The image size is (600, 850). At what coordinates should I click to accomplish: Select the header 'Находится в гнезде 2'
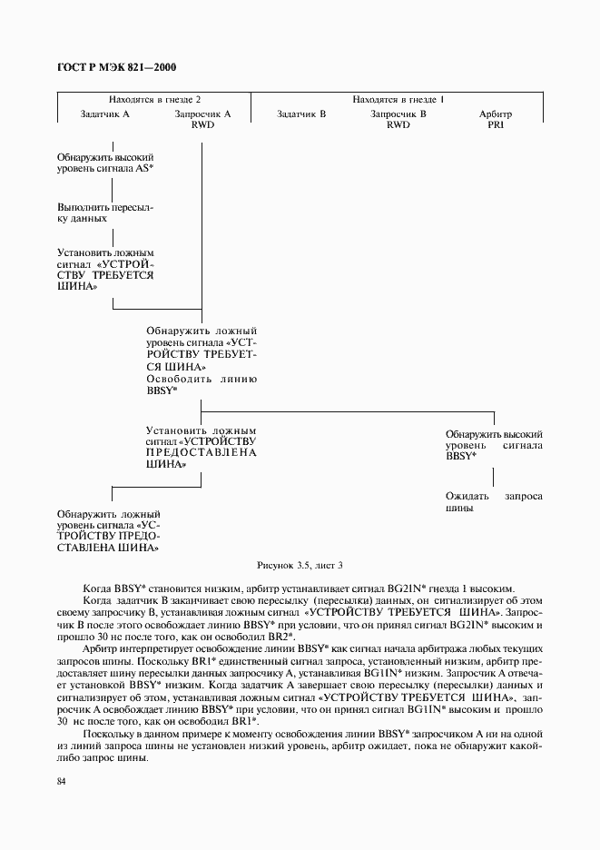pos(154,99)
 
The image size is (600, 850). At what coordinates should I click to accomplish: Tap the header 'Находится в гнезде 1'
pos(397,99)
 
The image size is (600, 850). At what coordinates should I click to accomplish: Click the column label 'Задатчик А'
pos(105,114)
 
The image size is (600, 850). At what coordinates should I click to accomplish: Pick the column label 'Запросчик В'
pos(398,114)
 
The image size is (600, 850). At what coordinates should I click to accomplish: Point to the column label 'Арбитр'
pos(496,114)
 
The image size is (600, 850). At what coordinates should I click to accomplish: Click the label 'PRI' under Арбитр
pos(496,125)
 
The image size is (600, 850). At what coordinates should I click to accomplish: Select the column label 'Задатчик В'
pos(301,114)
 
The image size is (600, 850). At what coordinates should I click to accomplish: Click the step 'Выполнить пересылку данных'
pos(104,212)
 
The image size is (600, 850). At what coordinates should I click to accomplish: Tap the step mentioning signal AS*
pos(104,163)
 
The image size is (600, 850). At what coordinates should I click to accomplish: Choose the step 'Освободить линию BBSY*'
pos(202,384)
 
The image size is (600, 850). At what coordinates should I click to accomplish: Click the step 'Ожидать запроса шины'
pos(494,503)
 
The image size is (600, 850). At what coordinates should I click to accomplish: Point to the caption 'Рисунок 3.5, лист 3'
pos(300,565)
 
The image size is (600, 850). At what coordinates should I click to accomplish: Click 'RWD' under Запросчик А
pos(202,125)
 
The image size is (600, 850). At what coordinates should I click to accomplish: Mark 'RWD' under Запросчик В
pos(398,125)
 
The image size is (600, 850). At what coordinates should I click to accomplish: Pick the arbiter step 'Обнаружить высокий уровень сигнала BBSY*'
pos(494,446)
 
